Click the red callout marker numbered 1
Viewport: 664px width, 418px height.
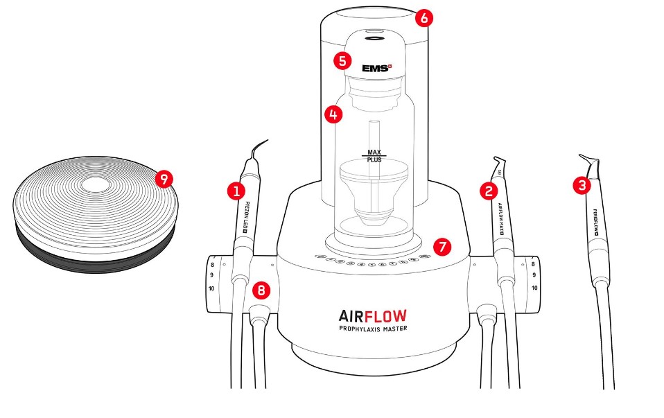(x=236, y=190)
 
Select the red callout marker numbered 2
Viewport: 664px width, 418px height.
(x=489, y=190)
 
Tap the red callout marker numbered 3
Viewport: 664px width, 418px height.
(x=581, y=185)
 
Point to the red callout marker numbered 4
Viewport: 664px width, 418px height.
(x=334, y=114)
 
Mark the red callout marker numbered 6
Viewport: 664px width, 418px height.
(x=423, y=18)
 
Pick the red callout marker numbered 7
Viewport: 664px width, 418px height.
(x=442, y=245)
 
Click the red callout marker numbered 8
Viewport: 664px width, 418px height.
(x=261, y=290)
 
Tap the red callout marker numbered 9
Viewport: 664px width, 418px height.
(x=164, y=179)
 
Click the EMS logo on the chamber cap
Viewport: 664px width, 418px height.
(x=377, y=69)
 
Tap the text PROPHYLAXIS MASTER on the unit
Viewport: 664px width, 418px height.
(x=373, y=329)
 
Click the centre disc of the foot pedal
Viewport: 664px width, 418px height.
(x=91, y=185)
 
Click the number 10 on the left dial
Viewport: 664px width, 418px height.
(x=212, y=288)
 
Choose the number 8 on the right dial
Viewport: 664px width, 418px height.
(x=532, y=265)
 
